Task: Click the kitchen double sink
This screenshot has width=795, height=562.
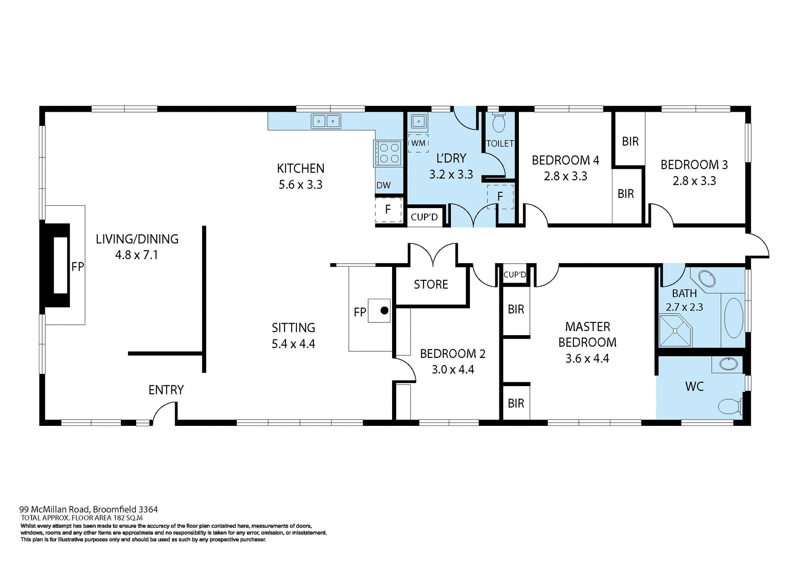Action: (326, 121)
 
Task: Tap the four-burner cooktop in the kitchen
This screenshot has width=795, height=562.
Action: (389, 153)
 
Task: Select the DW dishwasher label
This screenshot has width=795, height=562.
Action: (383, 185)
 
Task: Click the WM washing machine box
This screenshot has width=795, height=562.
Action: (418, 143)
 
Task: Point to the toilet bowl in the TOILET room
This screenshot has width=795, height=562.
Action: (499, 123)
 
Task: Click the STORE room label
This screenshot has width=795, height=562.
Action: (431, 284)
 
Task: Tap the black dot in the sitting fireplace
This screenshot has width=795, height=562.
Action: (384, 310)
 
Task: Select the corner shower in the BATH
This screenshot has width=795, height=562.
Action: (675, 331)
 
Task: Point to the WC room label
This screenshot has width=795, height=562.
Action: (694, 387)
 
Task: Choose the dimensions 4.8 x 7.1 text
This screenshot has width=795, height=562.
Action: (137, 255)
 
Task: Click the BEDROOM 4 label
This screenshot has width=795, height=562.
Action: (565, 160)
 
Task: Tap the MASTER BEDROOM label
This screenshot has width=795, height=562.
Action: (587, 334)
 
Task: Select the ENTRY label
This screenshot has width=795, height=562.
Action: (166, 390)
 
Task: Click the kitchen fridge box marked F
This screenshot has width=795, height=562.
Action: (388, 210)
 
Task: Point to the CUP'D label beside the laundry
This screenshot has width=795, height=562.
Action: (424, 217)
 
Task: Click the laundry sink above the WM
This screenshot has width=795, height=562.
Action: (419, 122)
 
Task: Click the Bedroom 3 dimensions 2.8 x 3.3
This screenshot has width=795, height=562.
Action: (694, 181)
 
